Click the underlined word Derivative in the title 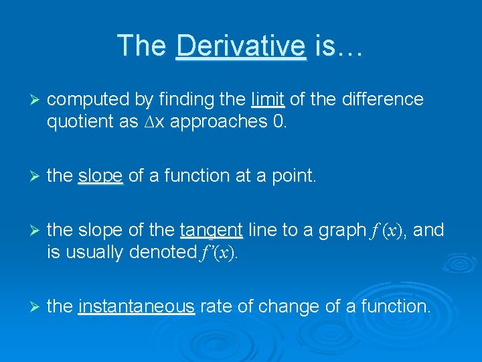(240, 46)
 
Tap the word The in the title (142, 46)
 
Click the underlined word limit (268, 99)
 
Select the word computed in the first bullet (88, 100)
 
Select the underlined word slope (100, 176)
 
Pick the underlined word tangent (211, 231)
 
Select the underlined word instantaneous (137, 307)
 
